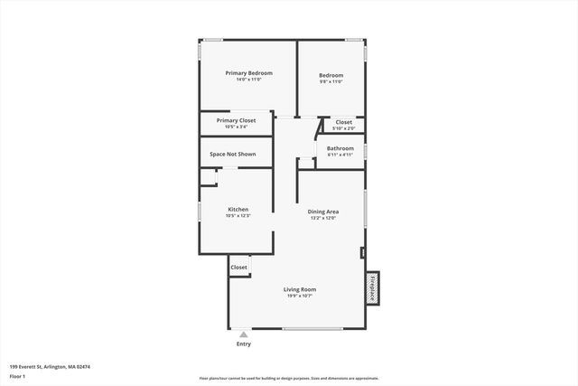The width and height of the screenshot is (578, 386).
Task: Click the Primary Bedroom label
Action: (x=248, y=73)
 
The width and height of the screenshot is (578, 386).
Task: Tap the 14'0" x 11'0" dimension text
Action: (x=248, y=80)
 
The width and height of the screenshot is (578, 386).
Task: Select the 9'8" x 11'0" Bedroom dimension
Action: (x=331, y=81)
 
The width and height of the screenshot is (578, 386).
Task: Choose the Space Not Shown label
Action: (x=232, y=155)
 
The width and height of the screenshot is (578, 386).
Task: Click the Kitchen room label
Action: (x=238, y=209)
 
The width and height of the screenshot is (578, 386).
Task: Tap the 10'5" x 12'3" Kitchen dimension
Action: (x=238, y=216)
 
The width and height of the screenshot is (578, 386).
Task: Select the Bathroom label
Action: (x=340, y=148)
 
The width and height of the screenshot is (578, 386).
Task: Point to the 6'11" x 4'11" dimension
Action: (x=340, y=155)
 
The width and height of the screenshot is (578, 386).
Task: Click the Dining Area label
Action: (x=323, y=212)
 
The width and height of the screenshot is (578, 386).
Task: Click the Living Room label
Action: (x=300, y=289)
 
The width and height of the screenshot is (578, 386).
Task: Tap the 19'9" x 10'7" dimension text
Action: (x=300, y=297)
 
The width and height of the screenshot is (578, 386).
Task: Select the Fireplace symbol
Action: (x=371, y=287)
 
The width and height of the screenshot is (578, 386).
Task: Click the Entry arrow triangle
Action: (x=244, y=334)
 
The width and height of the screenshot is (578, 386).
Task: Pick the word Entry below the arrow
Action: (x=244, y=344)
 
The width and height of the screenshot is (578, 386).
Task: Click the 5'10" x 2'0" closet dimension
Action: (x=344, y=128)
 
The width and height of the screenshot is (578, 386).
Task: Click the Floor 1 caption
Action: (x=17, y=376)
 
